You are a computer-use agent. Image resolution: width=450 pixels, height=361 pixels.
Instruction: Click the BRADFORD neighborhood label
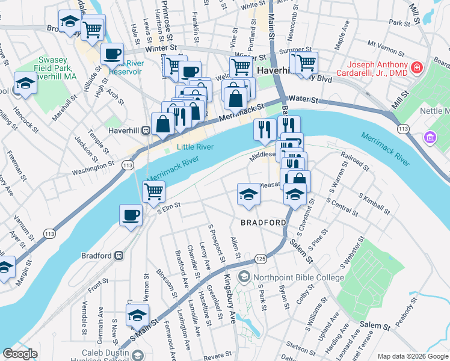coord(264,223)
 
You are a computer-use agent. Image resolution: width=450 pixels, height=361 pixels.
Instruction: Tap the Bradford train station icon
coord(119,255)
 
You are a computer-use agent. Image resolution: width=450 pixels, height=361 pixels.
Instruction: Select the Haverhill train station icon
coord(145,130)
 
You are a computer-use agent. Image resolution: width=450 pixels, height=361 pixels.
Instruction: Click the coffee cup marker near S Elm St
coord(131,215)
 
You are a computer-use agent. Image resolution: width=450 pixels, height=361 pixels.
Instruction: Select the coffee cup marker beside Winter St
coord(112,55)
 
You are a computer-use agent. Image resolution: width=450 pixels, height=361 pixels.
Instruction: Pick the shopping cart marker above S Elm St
coord(153,191)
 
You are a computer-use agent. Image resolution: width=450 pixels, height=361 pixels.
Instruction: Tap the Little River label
coord(196,147)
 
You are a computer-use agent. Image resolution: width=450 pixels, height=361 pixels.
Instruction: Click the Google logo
coord(20,354)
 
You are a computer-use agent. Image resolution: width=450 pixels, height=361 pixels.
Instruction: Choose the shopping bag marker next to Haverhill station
coord(162,125)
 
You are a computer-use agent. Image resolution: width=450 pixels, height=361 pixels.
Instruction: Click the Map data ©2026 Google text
coord(412,356)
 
